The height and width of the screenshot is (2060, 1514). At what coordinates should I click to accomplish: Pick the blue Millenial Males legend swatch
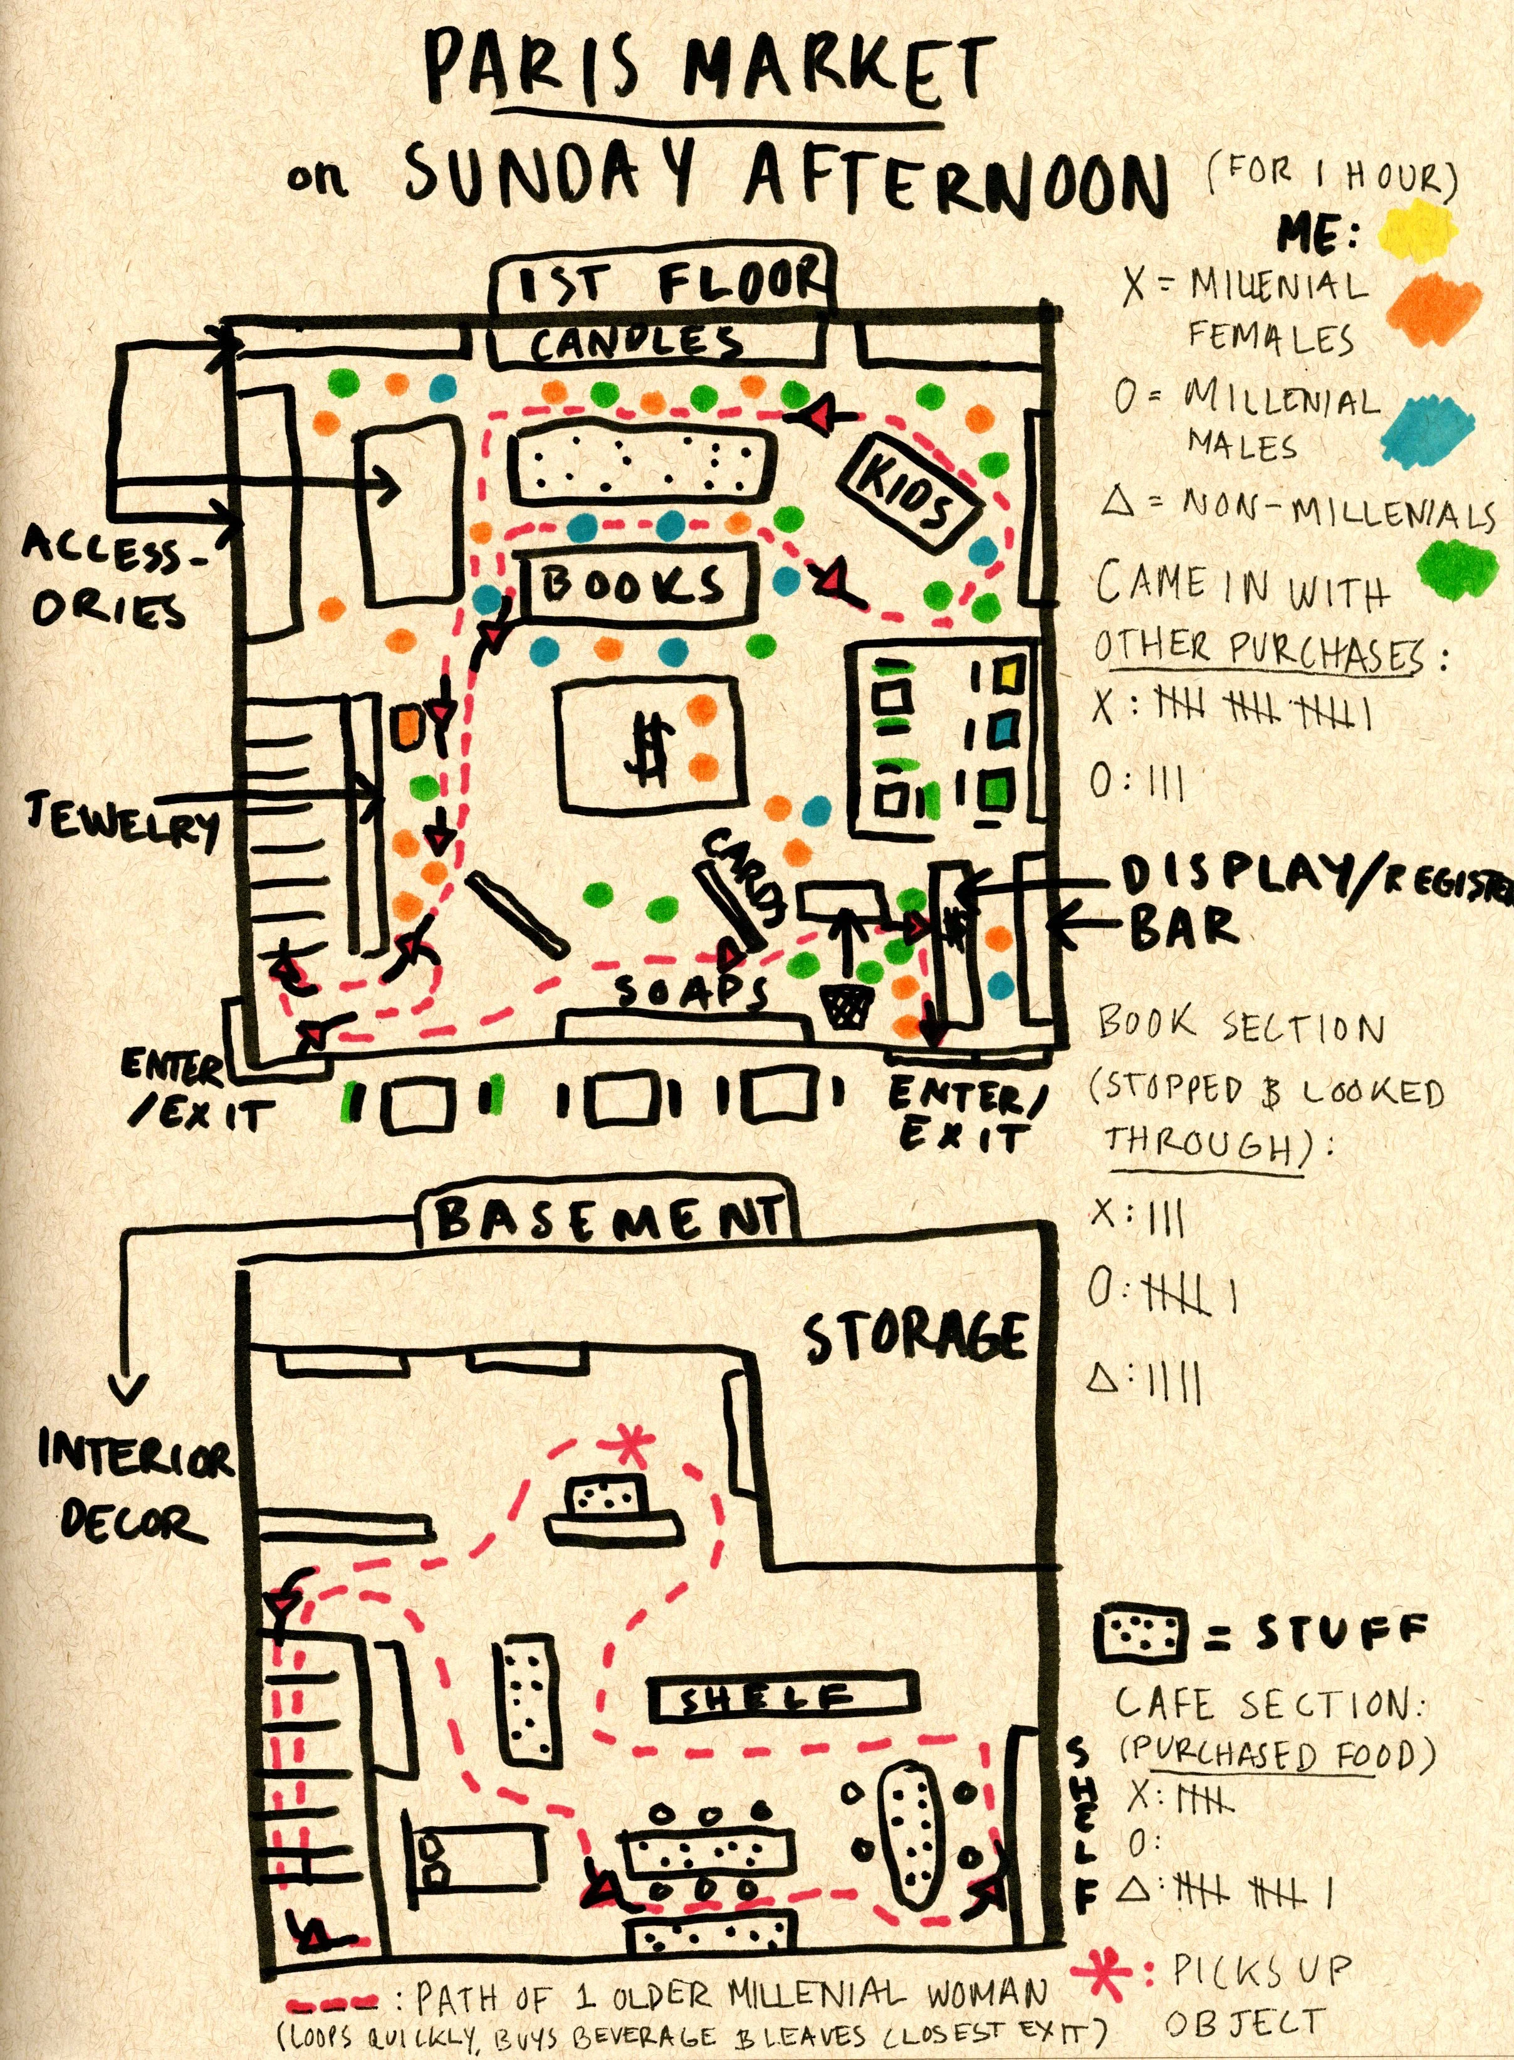tap(1429, 427)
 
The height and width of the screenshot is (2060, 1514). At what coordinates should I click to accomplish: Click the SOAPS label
tap(689, 992)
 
